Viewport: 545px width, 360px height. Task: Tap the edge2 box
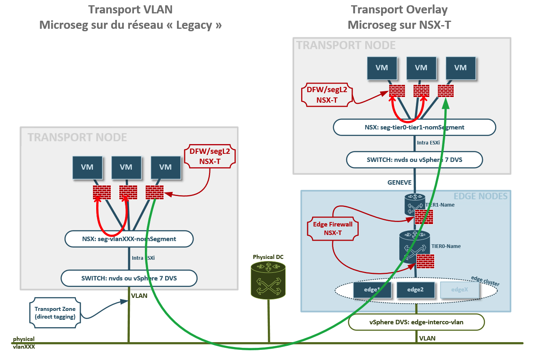tap(415, 290)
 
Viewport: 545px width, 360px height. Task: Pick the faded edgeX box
tap(460, 290)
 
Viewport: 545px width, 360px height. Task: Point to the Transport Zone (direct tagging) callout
tap(55, 313)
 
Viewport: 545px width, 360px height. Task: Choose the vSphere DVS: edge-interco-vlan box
tap(416, 322)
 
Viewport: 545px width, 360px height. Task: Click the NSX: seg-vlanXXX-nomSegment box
tap(129, 239)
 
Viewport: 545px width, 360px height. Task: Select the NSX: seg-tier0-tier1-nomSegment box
tap(414, 127)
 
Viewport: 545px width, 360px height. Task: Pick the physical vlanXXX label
tap(24, 343)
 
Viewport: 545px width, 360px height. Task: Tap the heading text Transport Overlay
tap(399, 9)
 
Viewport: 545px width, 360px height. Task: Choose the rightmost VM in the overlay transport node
tap(460, 68)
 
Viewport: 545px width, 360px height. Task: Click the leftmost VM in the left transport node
tap(87, 167)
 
